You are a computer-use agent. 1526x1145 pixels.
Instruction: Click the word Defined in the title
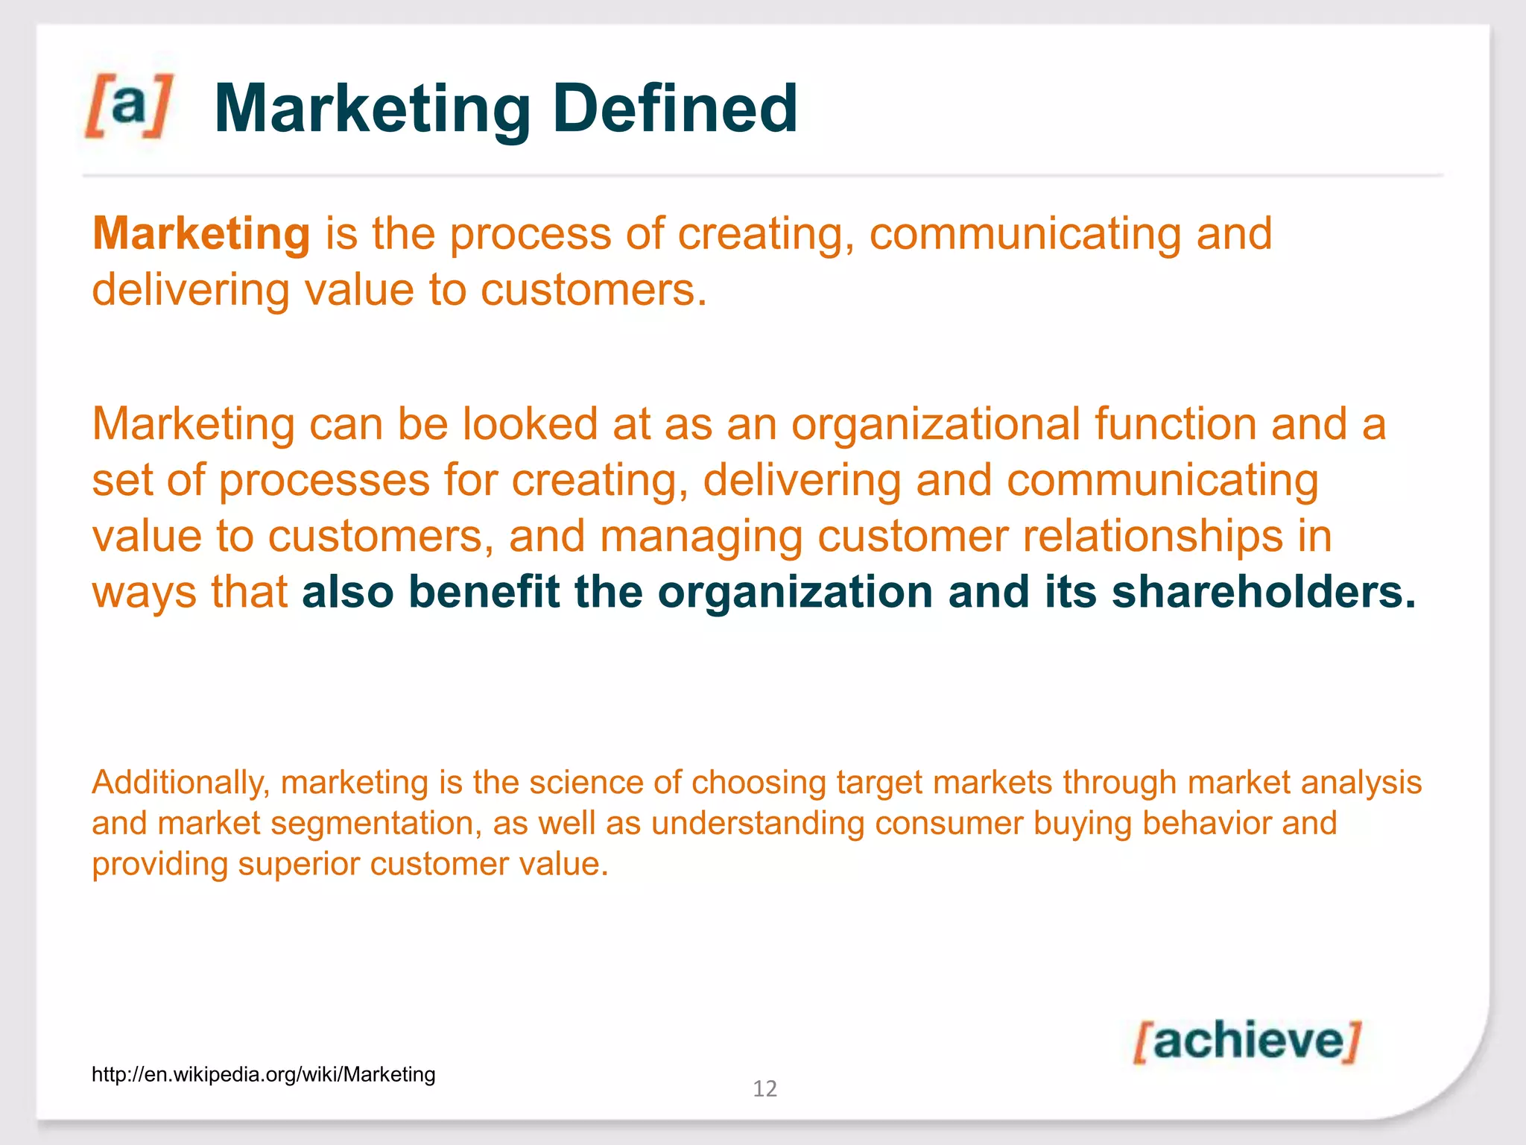coord(675,109)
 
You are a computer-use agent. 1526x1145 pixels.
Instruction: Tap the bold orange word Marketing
coord(201,234)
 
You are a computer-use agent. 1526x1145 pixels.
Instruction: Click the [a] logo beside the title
coord(128,106)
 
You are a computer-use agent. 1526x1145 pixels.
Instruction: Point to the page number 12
coord(764,1089)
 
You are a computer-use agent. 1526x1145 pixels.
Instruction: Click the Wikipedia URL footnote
coord(263,1074)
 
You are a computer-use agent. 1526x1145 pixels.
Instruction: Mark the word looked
coord(530,424)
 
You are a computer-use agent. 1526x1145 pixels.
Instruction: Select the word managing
coord(701,536)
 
